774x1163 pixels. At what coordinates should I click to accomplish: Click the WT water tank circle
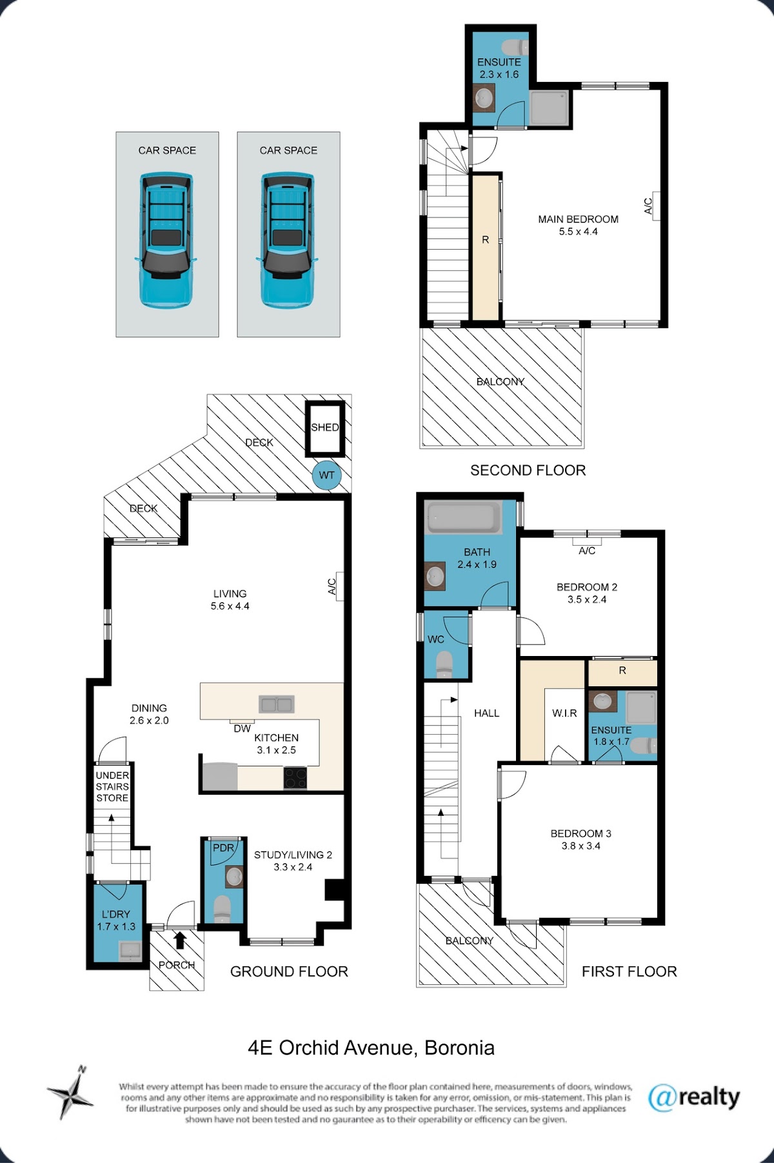(327, 475)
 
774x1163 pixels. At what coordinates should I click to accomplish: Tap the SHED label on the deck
(325, 427)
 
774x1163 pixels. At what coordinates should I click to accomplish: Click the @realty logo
(694, 1097)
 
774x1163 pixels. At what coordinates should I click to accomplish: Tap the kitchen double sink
(276, 704)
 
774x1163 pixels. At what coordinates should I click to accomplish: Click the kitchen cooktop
(295, 778)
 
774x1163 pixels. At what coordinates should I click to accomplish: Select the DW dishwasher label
(243, 729)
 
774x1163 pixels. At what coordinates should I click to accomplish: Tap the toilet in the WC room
(444, 665)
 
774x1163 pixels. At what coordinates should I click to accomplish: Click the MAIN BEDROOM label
(579, 219)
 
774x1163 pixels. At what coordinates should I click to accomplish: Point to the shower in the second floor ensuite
(550, 108)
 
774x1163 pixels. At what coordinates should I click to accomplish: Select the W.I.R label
(564, 713)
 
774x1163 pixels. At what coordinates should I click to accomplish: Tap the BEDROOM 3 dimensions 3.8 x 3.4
(581, 846)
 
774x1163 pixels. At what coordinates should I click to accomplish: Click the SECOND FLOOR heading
(528, 470)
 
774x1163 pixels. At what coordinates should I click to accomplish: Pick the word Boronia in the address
(460, 1048)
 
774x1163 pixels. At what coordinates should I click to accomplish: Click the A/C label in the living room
(332, 586)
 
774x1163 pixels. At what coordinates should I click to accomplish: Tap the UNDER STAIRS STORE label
(112, 786)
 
